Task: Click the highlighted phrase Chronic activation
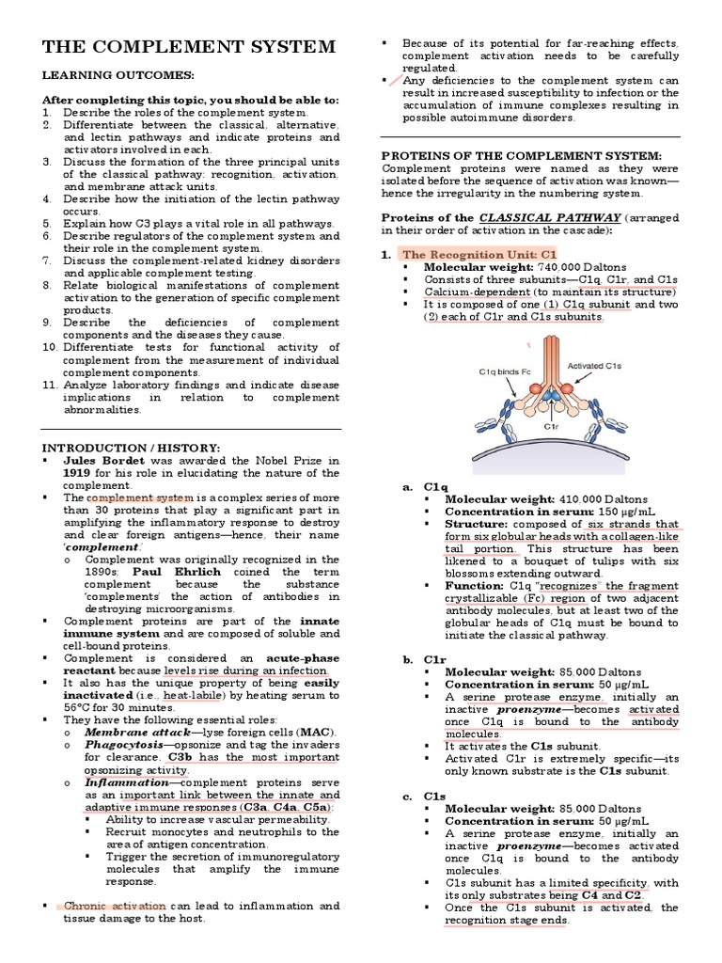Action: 115,906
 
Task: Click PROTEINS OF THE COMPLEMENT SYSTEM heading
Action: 521,155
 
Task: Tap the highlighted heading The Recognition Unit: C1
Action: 479,254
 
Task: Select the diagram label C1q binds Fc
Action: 505,371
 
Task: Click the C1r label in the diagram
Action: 552,425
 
